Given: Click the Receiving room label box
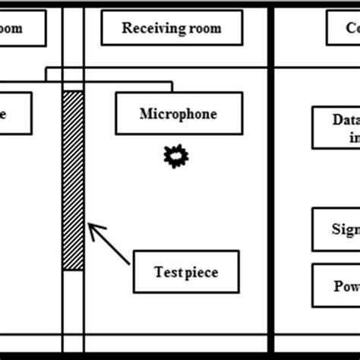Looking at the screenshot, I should coord(172,28).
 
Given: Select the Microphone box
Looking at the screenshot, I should coord(178,114).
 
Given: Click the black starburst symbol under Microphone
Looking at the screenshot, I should coord(176,156).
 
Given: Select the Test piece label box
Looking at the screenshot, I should coord(186,270).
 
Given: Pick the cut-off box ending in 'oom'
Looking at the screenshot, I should coord(23,28).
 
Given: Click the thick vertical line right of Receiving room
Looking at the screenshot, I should coord(270,190).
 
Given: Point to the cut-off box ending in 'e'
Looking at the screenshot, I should coord(15,114).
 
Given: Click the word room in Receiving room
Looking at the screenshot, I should coord(205,28).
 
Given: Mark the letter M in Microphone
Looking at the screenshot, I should coord(145,114).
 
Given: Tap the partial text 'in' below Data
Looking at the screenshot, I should coord(352,138).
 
